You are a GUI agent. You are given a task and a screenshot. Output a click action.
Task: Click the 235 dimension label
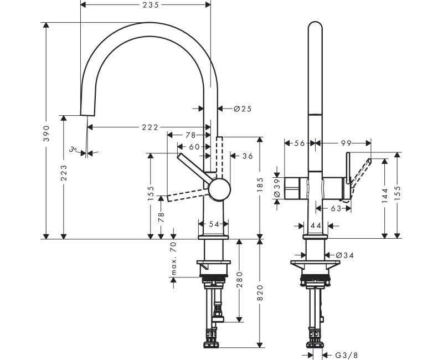[x=151, y=5]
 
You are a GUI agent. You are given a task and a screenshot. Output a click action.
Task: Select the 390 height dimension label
[x=47, y=133]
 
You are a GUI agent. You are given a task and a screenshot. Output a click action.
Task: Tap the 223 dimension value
[x=64, y=173]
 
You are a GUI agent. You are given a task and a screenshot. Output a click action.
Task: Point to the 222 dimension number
[x=150, y=127]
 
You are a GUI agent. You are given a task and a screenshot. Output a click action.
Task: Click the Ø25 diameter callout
[x=243, y=109]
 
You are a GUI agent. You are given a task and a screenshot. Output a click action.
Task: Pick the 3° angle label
[x=73, y=149]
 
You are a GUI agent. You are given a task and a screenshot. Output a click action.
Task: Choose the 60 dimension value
[x=194, y=147]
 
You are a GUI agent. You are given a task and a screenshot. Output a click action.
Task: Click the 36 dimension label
[x=248, y=156]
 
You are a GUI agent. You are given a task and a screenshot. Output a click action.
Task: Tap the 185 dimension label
[x=260, y=184]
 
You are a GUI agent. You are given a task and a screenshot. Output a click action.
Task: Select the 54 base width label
[x=214, y=224]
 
